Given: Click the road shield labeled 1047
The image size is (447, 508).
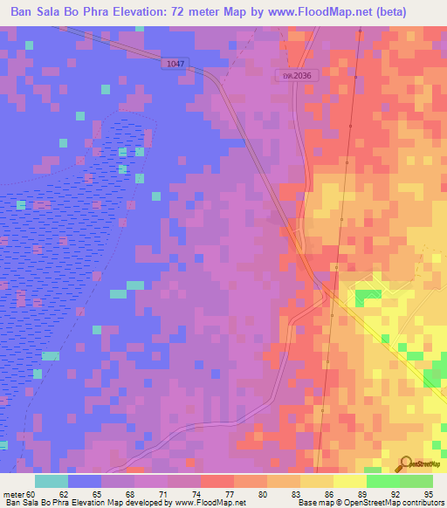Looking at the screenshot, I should (x=173, y=64).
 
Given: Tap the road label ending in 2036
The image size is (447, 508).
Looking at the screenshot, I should (x=297, y=76).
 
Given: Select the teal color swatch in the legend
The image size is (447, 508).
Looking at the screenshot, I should (x=51, y=481).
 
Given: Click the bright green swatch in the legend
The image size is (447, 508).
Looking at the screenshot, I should (x=382, y=481).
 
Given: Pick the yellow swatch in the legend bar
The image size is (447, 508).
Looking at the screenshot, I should (x=316, y=481).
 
